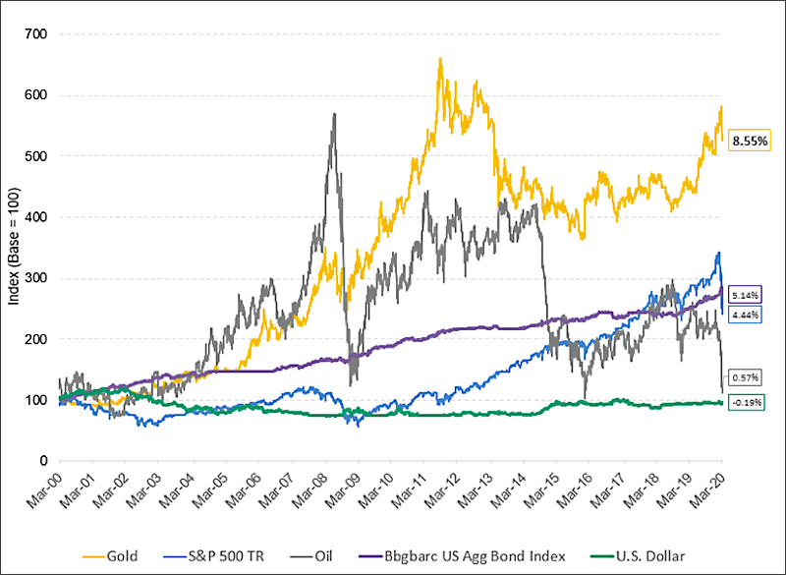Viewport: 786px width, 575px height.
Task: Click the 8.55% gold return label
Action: (x=751, y=142)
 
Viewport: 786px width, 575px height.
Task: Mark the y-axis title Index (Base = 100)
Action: (x=15, y=248)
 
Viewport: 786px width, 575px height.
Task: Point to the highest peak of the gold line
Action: (x=439, y=59)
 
